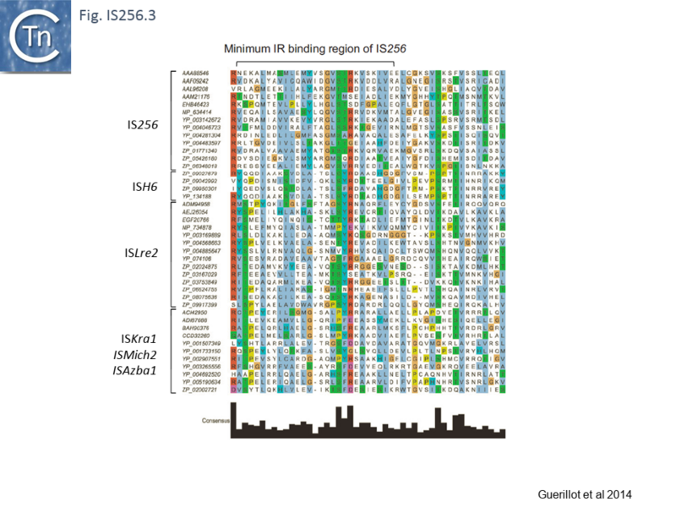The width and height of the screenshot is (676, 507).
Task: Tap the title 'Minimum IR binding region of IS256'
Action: point(315,49)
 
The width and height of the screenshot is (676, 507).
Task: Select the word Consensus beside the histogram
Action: point(216,418)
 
